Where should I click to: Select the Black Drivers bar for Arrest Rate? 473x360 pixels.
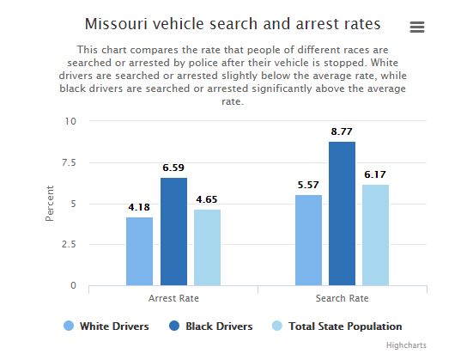click(x=173, y=231)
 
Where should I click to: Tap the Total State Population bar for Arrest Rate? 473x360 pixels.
click(x=207, y=247)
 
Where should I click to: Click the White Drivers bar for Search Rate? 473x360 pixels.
click(x=308, y=240)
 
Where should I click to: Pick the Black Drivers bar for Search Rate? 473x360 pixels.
click(x=342, y=213)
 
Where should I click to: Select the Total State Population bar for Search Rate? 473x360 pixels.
click(x=375, y=235)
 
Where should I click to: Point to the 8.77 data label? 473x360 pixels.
click(x=342, y=131)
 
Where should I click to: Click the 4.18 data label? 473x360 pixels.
click(x=139, y=207)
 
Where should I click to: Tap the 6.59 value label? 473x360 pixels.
click(x=173, y=168)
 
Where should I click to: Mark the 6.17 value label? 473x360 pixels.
click(x=375, y=174)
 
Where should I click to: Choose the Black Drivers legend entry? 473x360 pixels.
click(x=210, y=326)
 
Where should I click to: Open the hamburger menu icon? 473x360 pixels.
click(x=417, y=27)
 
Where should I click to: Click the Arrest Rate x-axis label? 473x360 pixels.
click(x=173, y=298)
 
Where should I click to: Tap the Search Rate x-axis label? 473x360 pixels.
click(x=342, y=298)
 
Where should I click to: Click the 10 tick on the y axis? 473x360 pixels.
click(x=71, y=121)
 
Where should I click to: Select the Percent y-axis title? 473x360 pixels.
click(x=50, y=204)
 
